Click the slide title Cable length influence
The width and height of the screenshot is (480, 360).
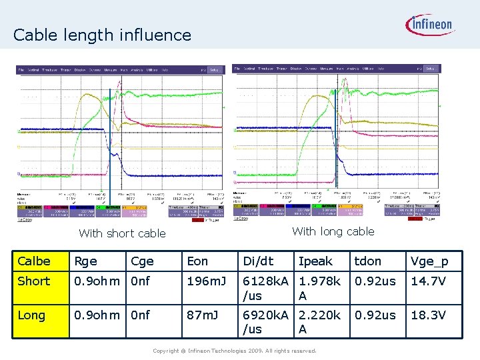point(102,35)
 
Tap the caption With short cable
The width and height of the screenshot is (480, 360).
point(122,233)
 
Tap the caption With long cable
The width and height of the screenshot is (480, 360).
point(333,231)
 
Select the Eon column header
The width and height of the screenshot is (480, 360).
point(197,261)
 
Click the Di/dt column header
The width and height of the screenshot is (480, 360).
point(258,261)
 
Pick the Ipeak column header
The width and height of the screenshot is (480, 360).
point(315,261)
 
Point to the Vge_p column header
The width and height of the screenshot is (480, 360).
point(430,261)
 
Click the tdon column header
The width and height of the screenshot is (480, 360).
point(368,261)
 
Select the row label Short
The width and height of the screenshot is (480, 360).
point(34,281)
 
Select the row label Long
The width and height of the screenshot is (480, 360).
point(32,315)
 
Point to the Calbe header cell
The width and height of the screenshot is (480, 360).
point(34,261)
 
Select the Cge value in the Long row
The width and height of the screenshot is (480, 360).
point(141,315)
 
